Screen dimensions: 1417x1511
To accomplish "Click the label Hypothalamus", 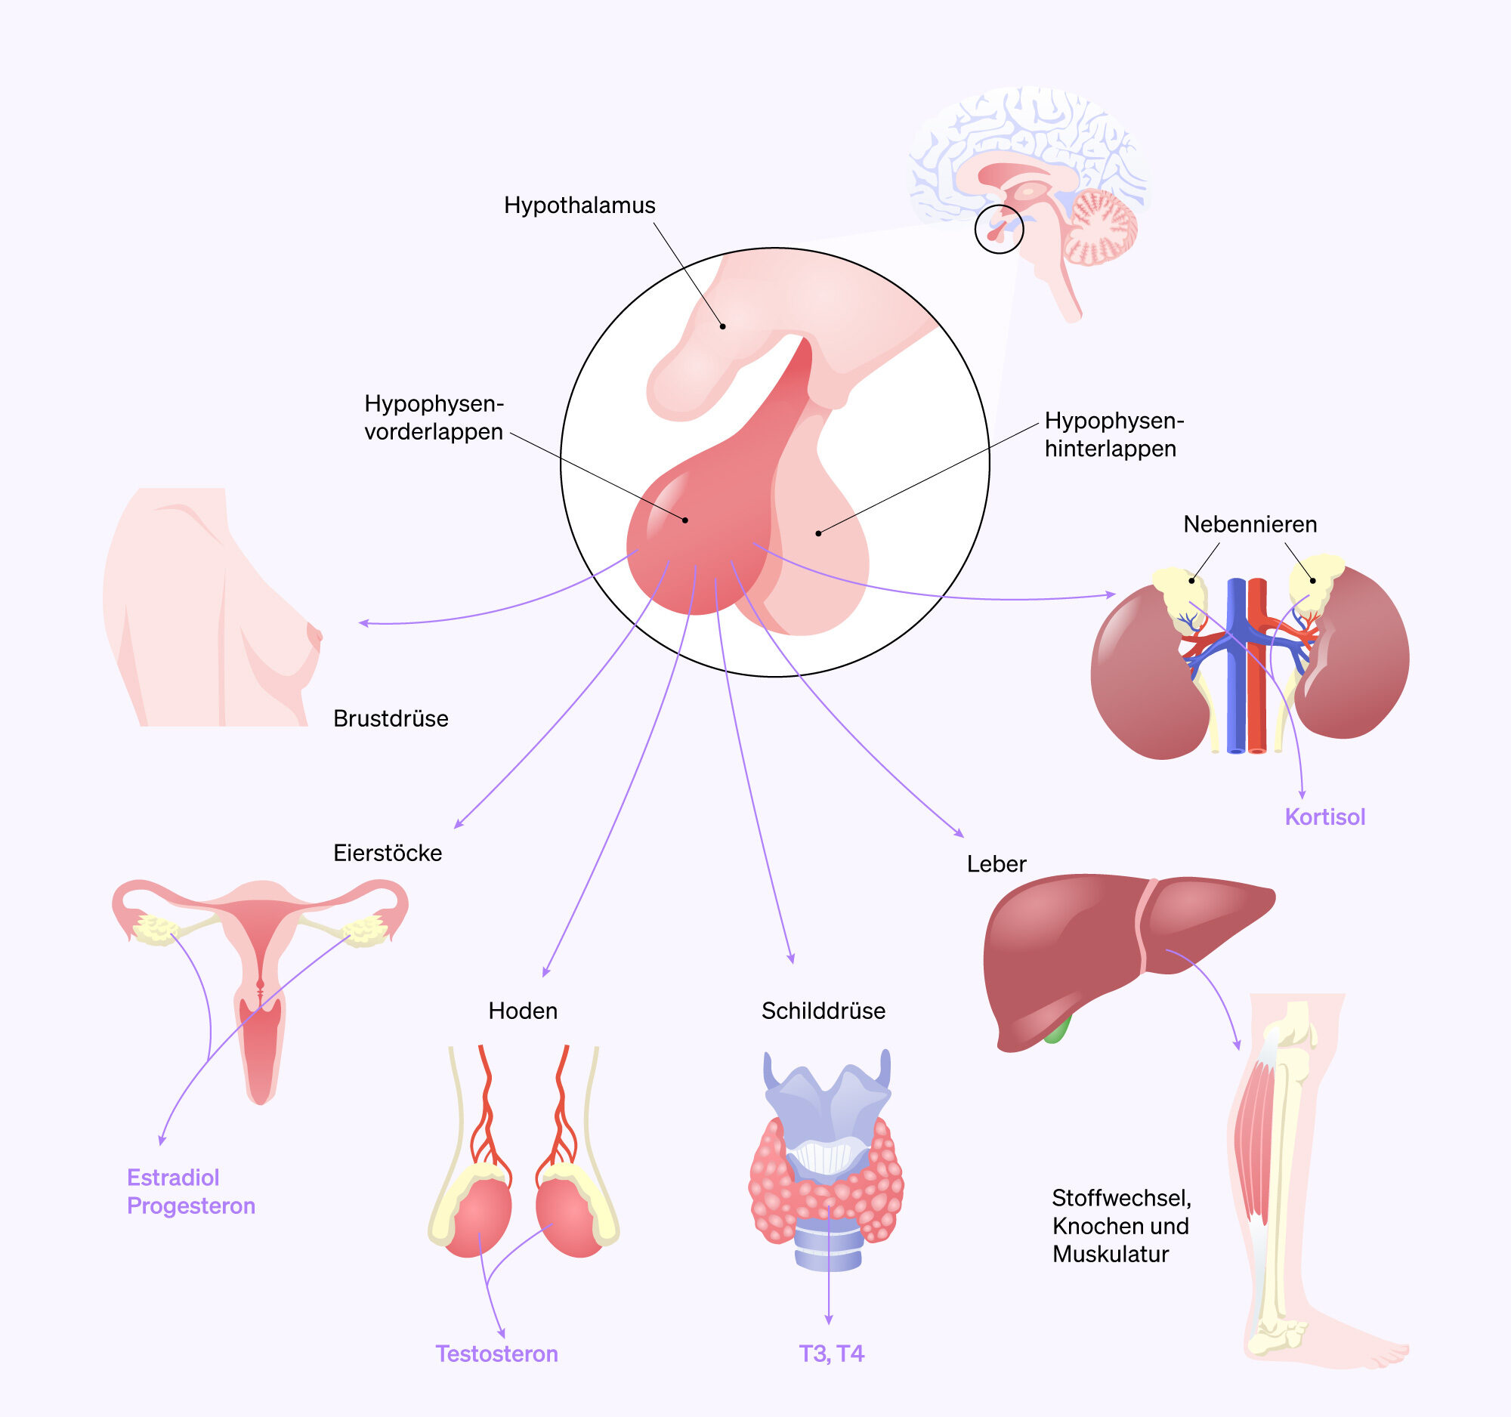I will point(579,205).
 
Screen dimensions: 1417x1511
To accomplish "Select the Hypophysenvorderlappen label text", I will point(433,417).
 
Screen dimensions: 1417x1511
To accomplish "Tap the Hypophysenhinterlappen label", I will point(1114,434).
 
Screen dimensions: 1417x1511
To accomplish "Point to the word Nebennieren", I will point(1250,524).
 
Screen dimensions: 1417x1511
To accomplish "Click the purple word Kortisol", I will point(1325,817).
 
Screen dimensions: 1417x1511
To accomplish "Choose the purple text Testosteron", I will point(496,1354).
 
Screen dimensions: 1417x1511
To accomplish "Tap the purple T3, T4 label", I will point(831,1354).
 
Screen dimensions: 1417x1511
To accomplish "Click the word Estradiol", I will point(172,1177).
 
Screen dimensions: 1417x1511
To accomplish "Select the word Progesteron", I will point(191,1206).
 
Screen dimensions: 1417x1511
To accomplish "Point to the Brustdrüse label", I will point(391,718).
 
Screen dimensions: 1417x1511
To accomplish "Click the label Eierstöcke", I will point(388,853).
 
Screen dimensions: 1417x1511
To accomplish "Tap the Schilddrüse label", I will point(823,1011).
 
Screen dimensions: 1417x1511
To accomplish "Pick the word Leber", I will point(997,864).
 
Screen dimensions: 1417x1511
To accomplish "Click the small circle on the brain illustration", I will point(999,229).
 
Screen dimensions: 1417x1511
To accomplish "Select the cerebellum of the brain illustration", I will point(1102,227).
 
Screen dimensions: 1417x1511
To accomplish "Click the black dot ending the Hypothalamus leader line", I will point(723,327).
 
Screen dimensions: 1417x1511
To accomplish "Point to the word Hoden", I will point(523,1011).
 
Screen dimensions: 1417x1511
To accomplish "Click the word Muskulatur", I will point(1111,1254).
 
